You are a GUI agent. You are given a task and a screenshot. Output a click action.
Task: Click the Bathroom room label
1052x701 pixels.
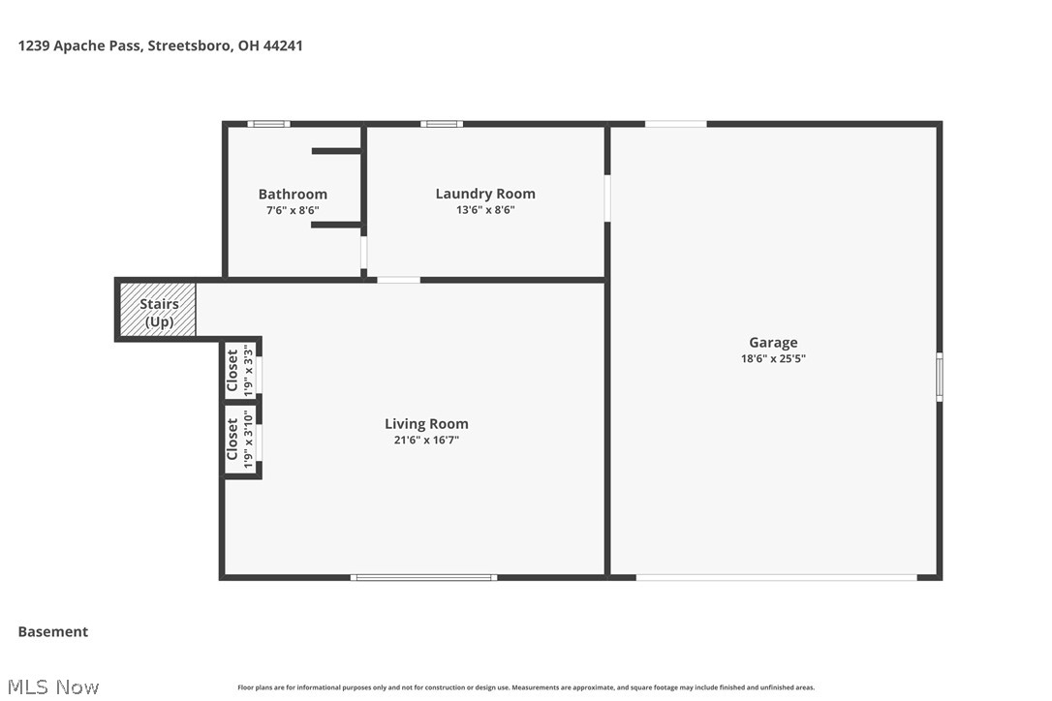pyautogui.click(x=293, y=195)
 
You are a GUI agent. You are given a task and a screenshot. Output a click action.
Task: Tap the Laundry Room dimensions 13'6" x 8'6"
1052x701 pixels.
pyautogui.click(x=484, y=209)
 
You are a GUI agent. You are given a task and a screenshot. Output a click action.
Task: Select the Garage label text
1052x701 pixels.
pyautogui.click(x=773, y=342)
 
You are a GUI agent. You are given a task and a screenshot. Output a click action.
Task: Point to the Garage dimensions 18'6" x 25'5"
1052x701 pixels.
pyautogui.click(x=773, y=358)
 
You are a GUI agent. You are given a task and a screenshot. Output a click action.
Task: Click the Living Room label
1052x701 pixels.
pyautogui.click(x=426, y=423)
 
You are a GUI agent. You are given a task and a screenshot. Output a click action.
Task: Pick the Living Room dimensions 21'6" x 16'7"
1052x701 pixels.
pyautogui.click(x=426, y=440)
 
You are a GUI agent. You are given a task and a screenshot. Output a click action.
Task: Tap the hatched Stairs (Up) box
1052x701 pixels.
pyautogui.click(x=158, y=310)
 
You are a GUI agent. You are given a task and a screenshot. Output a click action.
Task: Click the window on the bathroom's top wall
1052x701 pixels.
pyautogui.click(x=268, y=124)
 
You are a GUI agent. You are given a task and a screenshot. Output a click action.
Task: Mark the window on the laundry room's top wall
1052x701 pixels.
pyautogui.click(x=441, y=124)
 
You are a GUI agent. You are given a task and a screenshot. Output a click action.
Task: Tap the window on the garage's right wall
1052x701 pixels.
pyautogui.click(x=939, y=377)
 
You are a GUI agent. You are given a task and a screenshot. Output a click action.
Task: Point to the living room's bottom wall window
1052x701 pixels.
pyautogui.click(x=423, y=577)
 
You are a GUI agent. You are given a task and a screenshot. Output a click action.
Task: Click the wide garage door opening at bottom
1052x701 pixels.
pyautogui.click(x=776, y=577)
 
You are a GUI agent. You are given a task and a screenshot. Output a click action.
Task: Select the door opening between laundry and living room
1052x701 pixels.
pyautogui.click(x=398, y=280)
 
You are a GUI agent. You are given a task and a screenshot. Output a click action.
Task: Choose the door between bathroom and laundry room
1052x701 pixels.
pyautogui.click(x=364, y=253)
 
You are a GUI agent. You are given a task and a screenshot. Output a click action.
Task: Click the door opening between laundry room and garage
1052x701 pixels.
pyautogui.click(x=607, y=198)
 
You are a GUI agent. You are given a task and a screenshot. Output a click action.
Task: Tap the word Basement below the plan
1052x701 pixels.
pyautogui.click(x=53, y=631)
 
